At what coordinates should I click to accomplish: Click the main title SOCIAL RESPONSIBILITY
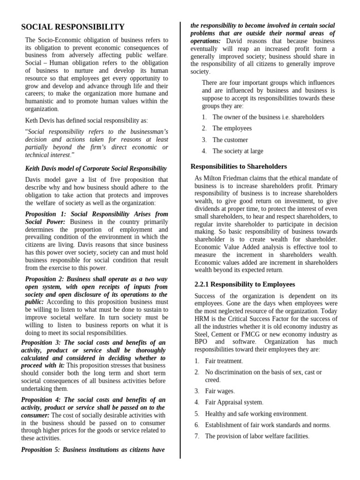[73, 27]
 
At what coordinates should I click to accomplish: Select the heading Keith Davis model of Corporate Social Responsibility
[96, 168]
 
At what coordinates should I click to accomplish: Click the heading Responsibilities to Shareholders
[239, 166]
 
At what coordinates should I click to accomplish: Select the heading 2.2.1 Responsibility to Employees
[244, 284]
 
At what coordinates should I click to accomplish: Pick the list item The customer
[230, 140]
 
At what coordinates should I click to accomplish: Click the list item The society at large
[238, 151]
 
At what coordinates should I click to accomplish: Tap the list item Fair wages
[220, 391]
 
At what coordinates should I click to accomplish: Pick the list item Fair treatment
[224, 361]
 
